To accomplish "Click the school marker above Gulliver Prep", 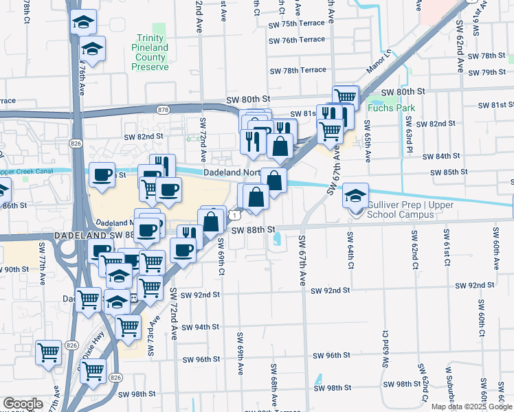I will tap(355, 195).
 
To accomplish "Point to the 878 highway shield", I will tap(163, 110).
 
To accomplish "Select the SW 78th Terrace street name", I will tap(298, 71).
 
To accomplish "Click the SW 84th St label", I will tap(440, 157).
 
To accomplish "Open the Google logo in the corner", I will tap(23, 404).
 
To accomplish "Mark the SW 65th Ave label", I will tap(368, 141).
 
